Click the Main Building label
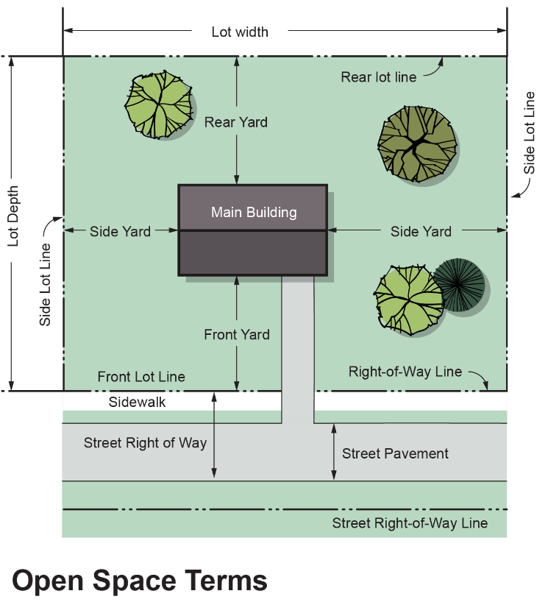tap(254, 213)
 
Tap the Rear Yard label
tap(236, 122)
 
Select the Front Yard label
tap(237, 335)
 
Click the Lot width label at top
tap(240, 32)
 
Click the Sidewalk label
tap(138, 402)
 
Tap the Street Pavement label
tap(395, 453)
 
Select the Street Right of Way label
tap(145, 443)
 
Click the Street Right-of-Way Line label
tap(410, 523)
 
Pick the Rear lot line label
tap(379, 77)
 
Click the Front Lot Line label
tap(141, 377)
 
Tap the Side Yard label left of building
tap(120, 231)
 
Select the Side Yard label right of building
tap(421, 231)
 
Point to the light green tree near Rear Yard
tap(159, 105)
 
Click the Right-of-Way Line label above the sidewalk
tap(405, 372)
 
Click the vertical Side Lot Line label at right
tap(530, 133)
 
